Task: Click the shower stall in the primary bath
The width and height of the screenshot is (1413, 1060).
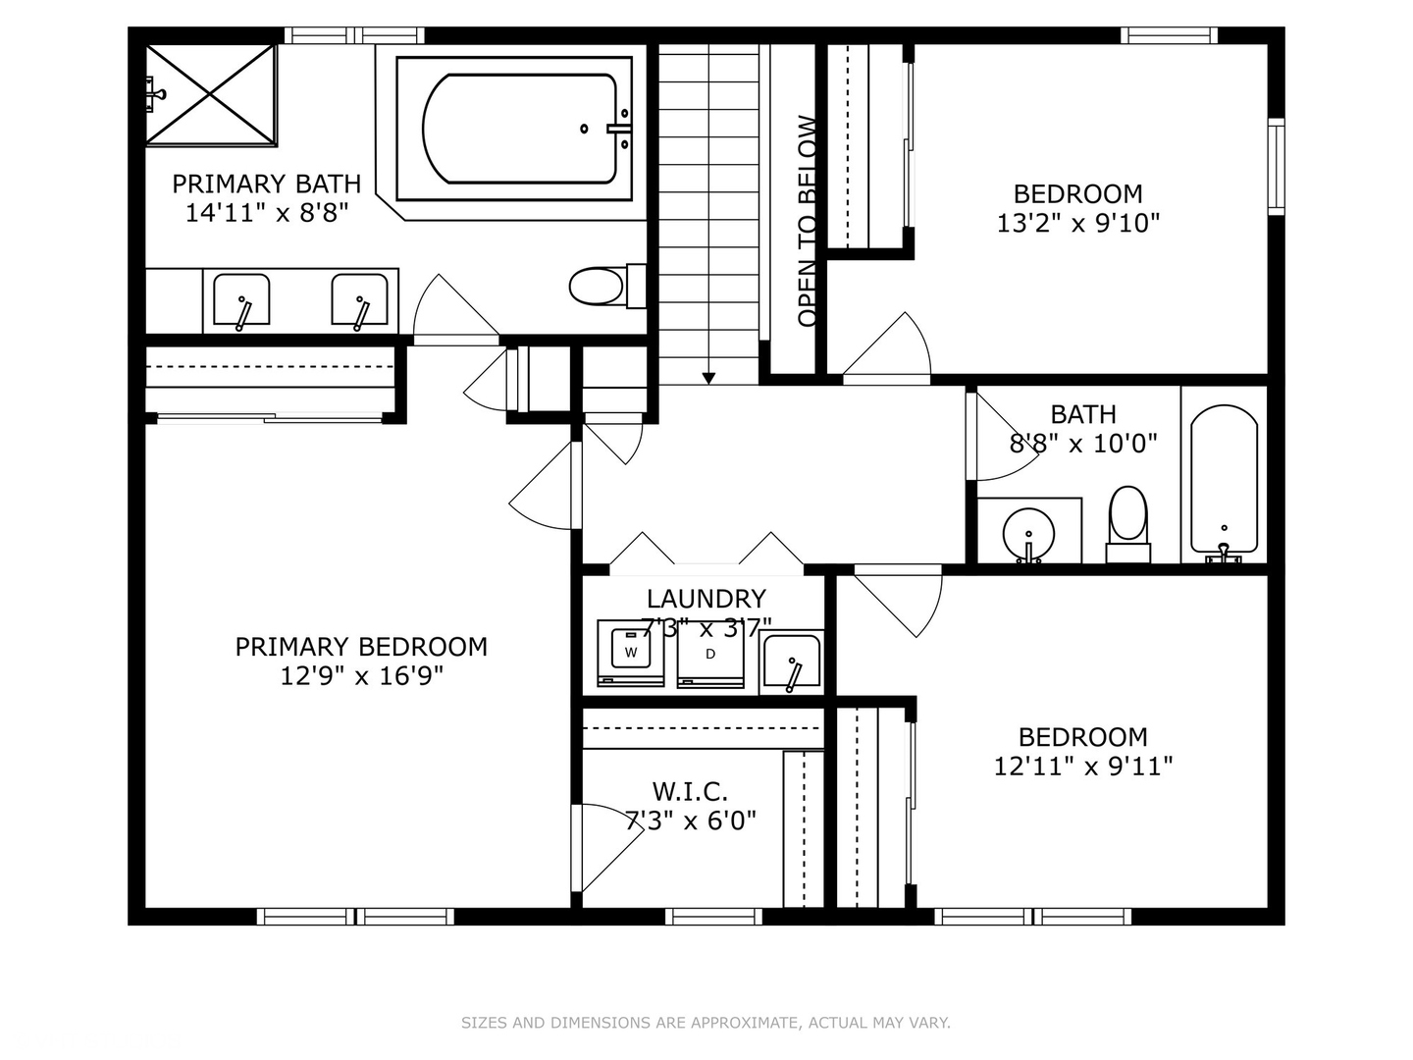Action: pyautogui.click(x=211, y=95)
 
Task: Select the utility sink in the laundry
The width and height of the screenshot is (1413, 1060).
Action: pyautogui.click(x=792, y=663)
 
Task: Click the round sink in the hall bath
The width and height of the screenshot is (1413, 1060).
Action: pyautogui.click(x=1028, y=533)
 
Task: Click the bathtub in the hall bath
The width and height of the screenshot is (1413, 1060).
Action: pyautogui.click(x=1224, y=481)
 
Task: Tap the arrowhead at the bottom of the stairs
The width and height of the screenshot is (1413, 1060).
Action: pyautogui.click(x=708, y=378)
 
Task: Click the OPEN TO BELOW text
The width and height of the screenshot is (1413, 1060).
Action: pyautogui.click(x=808, y=221)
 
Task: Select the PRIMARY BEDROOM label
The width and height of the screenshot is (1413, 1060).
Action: pyautogui.click(x=361, y=647)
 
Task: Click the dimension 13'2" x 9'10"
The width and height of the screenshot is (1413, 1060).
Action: pyautogui.click(x=1077, y=224)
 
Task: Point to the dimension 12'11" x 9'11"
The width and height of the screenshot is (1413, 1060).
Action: pyautogui.click(x=1082, y=766)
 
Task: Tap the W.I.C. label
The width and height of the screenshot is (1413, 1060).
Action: pyautogui.click(x=690, y=791)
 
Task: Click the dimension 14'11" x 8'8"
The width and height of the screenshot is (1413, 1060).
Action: pyautogui.click(x=267, y=212)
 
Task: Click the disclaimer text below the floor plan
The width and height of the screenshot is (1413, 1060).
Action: pyautogui.click(x=706, y=1023)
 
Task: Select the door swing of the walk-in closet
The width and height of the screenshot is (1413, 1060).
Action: pyautogui.click(x=603, y=846)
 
